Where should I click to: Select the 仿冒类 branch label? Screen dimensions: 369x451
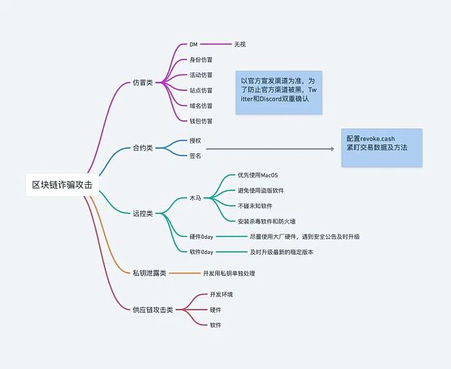(x=142, y=82)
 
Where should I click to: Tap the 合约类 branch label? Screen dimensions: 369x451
(x=142, y=149)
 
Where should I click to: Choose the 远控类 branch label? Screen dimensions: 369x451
(x=142, y=213)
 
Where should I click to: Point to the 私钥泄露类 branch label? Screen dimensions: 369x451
(x=149, y=273)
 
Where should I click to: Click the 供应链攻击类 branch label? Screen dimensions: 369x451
(x=153, y=310)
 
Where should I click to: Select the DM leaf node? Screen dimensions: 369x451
(x=193, y=45)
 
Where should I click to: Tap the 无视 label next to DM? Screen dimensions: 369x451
(x=240, y=45)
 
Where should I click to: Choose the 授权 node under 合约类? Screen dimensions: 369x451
(x=195, y=141)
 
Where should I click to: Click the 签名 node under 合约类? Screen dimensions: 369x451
(x=195, y=156)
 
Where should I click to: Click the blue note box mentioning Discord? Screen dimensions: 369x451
(x=278, y=92)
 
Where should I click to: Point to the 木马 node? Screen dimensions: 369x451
(x=195, y=198)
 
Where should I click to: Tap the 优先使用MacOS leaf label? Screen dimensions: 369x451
(x=258, y=175)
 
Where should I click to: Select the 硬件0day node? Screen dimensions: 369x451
(x=202, y=236)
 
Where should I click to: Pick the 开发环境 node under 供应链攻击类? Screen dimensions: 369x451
(x=222, y=295)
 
